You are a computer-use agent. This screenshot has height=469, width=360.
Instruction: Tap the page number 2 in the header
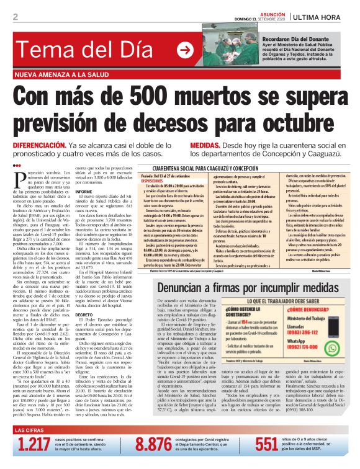15,17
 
